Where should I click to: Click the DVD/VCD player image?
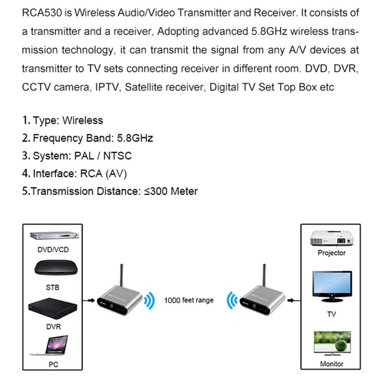(x=55, y=237)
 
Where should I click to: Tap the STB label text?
(x=53, y=288)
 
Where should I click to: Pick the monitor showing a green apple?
(x=332, y=343)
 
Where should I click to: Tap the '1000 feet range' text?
(x=189, y=300)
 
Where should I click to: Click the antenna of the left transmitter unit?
(x=121, y=275)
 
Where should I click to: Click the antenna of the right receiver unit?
(x=263, y=275)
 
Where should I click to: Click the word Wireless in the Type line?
(x=83, y=121)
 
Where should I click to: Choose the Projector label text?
(x=332, y=253)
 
